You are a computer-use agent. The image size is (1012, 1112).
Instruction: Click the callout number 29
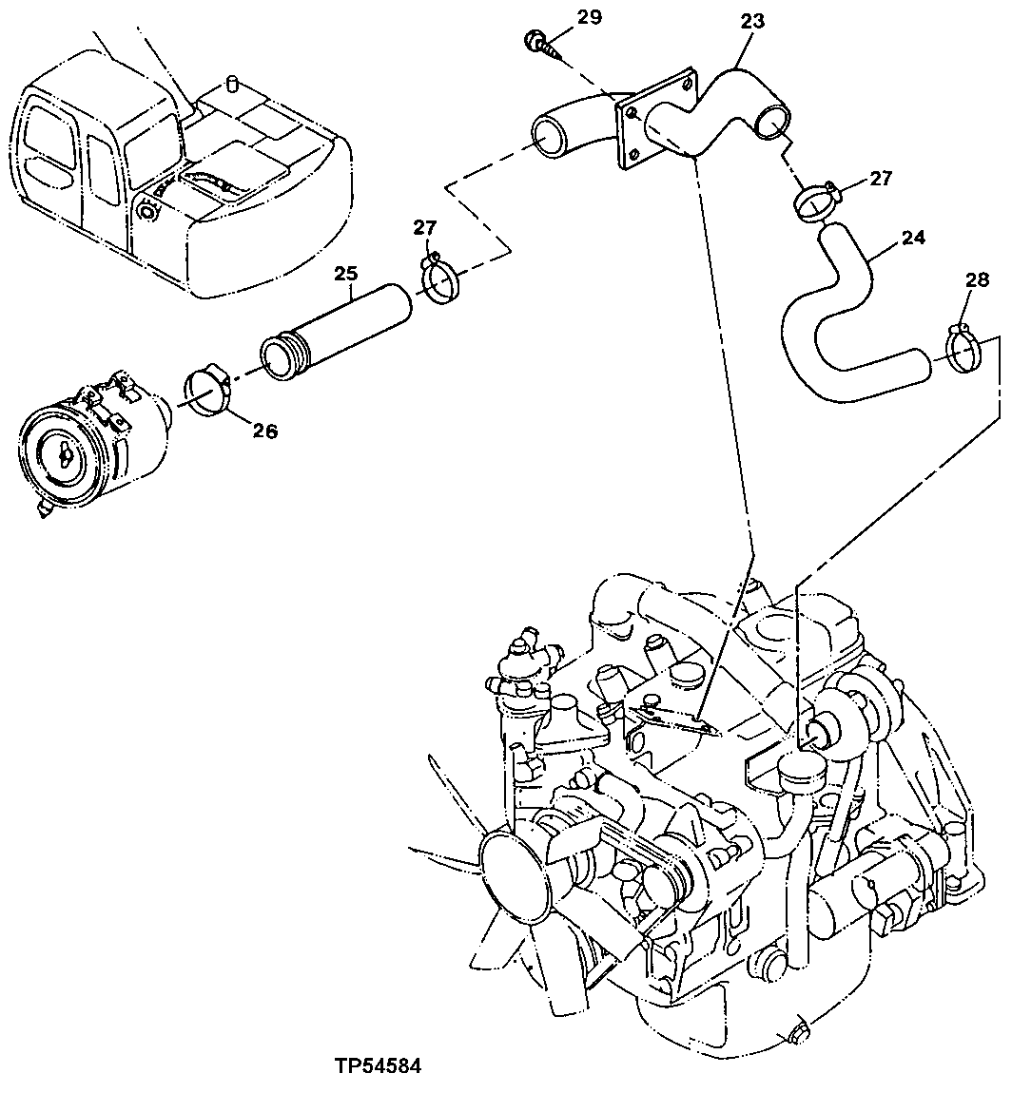point(589,16)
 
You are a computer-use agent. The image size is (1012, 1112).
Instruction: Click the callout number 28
point(977,280)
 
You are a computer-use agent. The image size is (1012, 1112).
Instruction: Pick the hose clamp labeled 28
point(964,351)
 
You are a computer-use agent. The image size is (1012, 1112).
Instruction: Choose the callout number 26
point(264,431)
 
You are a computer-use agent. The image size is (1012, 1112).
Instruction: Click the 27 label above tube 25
point(424,226)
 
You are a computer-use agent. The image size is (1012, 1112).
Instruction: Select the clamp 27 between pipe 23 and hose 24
point(816,200)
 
